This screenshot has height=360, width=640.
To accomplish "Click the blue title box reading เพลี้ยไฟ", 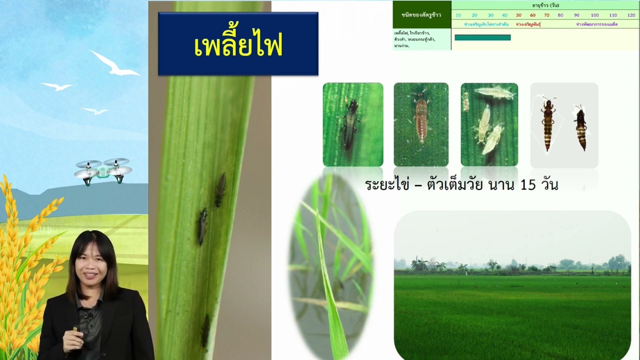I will point(238,44).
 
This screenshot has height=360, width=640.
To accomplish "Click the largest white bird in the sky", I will point(114,64).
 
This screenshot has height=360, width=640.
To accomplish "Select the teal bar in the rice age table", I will point(482,37).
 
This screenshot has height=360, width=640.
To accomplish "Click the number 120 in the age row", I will point(631,15).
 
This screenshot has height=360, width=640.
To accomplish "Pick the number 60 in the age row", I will point(532,15).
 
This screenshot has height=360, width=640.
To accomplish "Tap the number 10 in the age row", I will point(458,15).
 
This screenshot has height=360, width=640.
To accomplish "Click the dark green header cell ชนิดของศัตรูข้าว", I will point(421,15).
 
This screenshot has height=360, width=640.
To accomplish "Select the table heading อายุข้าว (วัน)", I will point(545,5).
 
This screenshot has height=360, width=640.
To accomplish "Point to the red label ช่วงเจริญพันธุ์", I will point(531,24).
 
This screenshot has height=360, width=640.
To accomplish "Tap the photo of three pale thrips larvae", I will point(489,124).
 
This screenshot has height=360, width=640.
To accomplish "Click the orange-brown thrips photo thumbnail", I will point(421,124).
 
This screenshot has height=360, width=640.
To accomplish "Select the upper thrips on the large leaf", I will point(220,190).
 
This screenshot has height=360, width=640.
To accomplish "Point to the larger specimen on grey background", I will point(548,125).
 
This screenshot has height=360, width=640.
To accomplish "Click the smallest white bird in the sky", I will point(95,110).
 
